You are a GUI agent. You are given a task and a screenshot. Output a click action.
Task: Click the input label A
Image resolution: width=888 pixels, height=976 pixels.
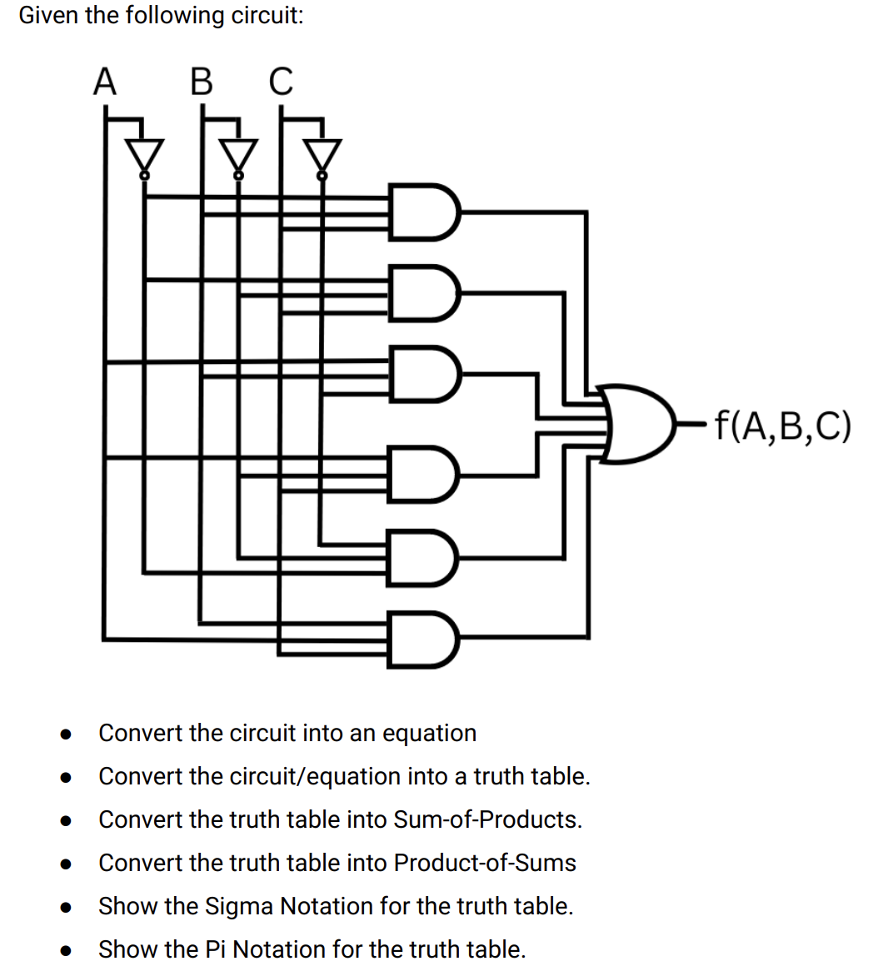[x=104, y=82]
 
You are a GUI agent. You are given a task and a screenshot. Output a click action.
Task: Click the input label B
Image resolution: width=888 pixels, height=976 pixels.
[x=201, y=82]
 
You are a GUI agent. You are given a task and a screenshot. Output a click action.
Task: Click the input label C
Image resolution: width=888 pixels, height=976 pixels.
[x=281, y=82]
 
